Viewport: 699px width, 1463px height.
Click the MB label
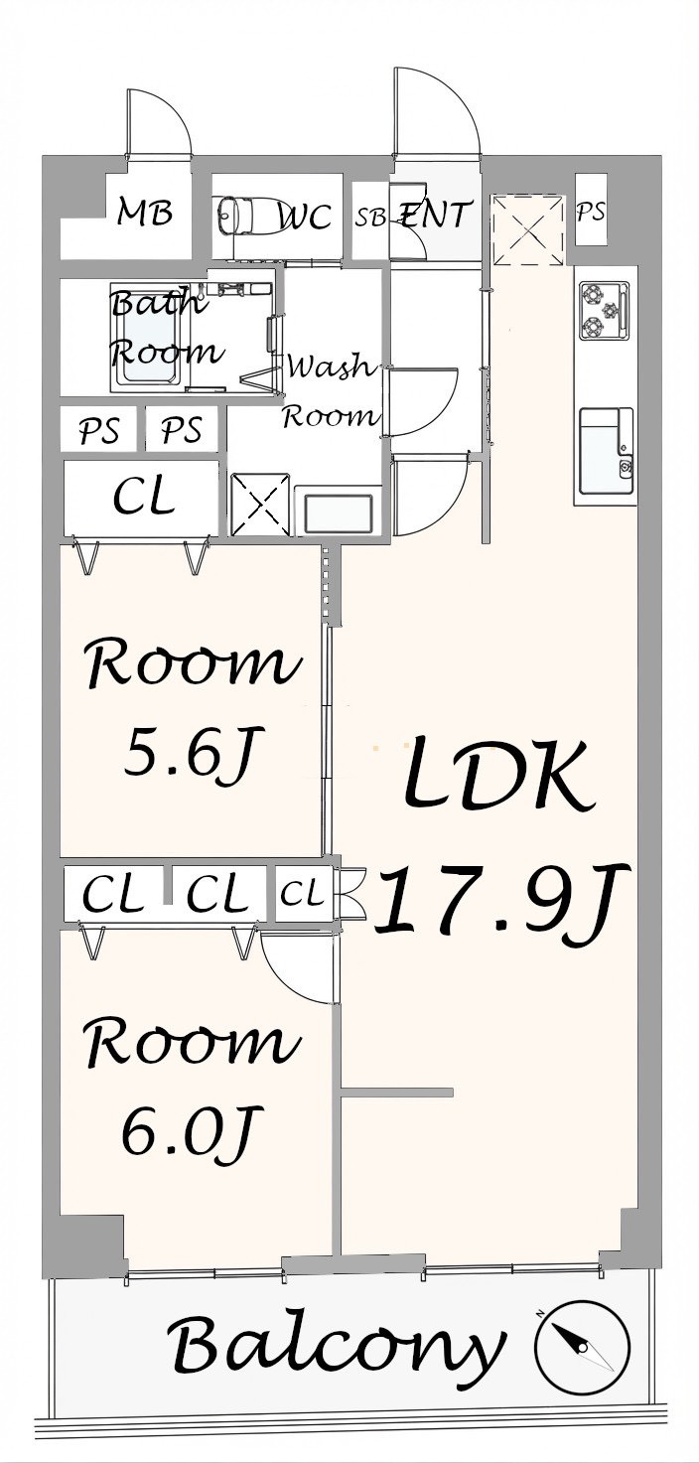(144, 213)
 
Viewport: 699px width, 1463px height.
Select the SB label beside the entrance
(370, 217)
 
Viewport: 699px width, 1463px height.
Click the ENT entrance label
(434, 215)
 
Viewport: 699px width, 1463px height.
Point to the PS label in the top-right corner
(591, 212)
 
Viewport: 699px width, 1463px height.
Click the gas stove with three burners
(605, 311)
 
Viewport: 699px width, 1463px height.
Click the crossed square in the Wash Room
(260, 505)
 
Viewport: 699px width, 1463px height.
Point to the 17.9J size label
(501, 901)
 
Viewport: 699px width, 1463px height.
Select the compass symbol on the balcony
(582, 1342)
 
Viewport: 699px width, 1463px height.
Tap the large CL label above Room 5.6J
(144, 499)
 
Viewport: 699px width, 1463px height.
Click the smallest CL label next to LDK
(302, 893)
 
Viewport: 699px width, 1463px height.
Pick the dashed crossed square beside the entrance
(527, 229)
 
